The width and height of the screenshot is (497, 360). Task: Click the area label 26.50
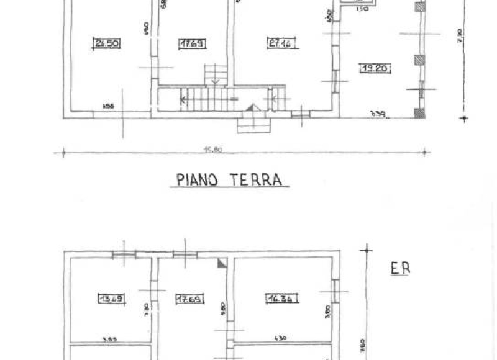106,43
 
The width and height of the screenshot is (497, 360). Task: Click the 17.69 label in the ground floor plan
192,43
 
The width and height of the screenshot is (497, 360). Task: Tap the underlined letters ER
401,269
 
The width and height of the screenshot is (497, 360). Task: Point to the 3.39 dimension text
377,113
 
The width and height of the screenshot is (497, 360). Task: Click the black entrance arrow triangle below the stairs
250,109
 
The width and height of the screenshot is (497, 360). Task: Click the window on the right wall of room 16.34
335,290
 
